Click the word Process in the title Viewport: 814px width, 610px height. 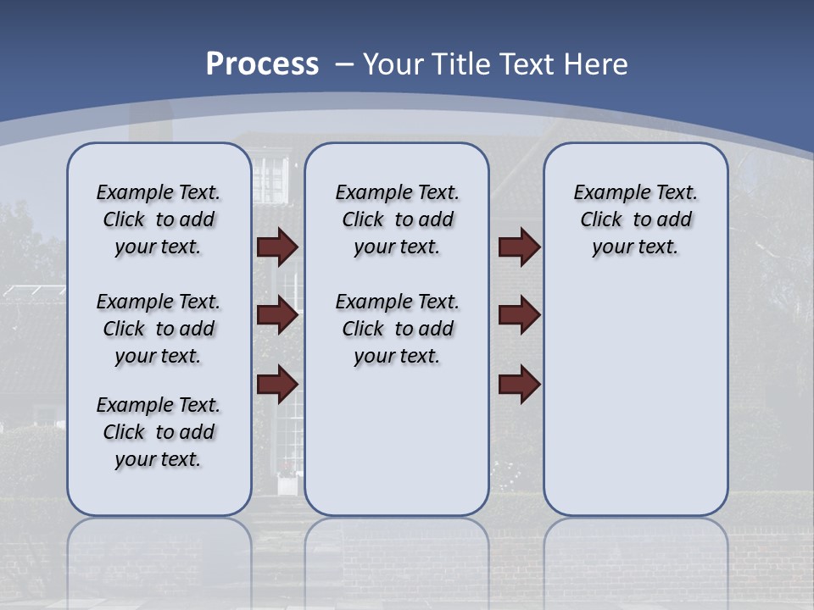[262, 64]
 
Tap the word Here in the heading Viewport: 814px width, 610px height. [594, 64]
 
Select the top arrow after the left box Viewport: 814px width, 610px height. [277, 247]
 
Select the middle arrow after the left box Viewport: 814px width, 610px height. [277, 315]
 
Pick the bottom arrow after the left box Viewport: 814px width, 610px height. [277, 384]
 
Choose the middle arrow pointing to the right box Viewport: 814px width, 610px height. [519, 315]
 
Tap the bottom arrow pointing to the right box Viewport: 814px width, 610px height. [519, 384]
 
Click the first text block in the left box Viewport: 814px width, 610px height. [159, 219]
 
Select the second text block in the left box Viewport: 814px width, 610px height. [159, 329]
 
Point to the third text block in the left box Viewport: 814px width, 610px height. [159, 432]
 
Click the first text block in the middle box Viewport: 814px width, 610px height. [397, 219]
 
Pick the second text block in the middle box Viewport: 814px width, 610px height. [397, 329]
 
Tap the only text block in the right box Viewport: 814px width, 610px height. [635, 219]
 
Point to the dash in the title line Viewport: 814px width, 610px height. [344, 64]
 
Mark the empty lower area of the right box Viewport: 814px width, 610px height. [635, 398]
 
